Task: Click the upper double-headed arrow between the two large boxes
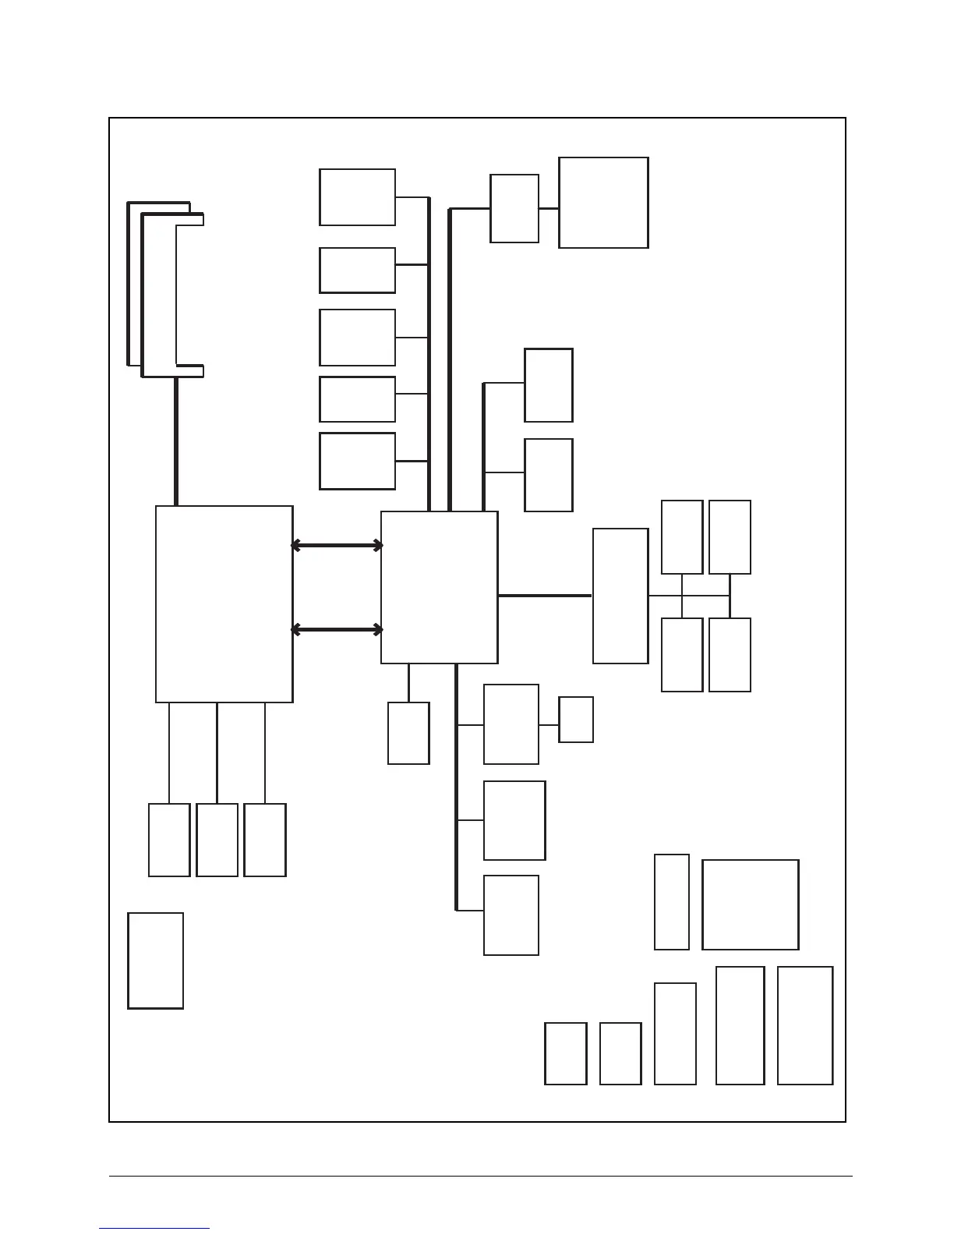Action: [x=337, y=546]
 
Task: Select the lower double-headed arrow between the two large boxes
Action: [x=337, y=629]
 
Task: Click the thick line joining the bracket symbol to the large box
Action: [x=176, y=441]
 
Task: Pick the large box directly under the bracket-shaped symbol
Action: [x=224, y=604]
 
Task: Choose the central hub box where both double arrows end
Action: [x=439, y=587]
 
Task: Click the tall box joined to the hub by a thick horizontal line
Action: [x=620, y=596]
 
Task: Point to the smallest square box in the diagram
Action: [x=576, y=720]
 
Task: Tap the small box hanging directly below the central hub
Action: [x=408, y=733]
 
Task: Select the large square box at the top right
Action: [x=603, y=203]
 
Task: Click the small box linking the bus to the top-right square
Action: [x=514, y=208]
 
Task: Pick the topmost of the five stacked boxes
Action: [x=357, y=197]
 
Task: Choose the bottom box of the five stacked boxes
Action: [x=357, y=461]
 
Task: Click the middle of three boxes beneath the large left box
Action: [x=217, y=840]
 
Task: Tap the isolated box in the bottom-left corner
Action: [x=155, y=961]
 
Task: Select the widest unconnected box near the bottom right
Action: [x=750, y=904]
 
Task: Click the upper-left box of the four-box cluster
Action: [x=682, y=537]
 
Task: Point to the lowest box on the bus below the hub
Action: [x=511, y=915]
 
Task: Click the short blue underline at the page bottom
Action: [x=154, y=1228]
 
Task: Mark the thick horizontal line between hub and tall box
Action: [x=545, y=596]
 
